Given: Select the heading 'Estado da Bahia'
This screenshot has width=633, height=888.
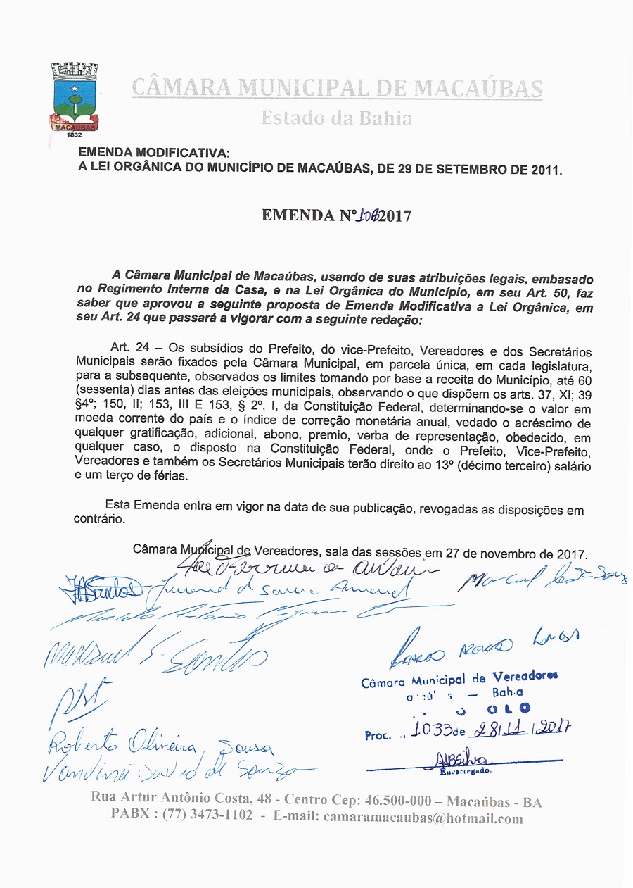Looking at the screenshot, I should [336, 118].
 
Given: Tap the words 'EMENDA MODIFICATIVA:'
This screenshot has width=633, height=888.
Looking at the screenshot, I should [153, 153].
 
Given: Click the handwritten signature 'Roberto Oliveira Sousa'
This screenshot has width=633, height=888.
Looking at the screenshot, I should [162, 744].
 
